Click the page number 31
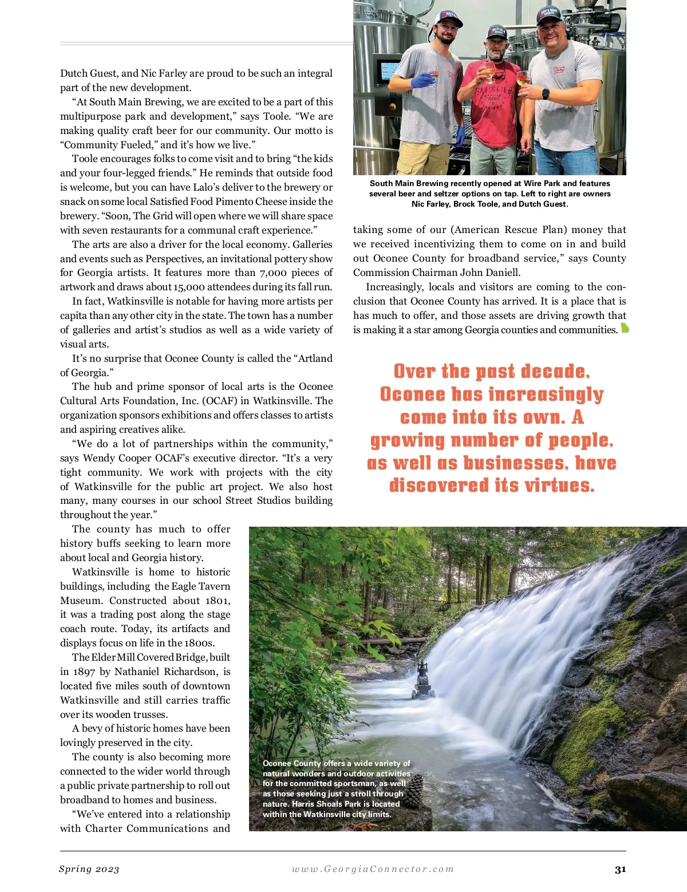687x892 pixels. (x=620, y=870)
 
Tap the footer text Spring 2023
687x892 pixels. (x=89, y=869)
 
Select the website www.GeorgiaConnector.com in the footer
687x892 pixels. (x=373, y=869)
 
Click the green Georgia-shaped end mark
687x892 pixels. (x=625, y=329)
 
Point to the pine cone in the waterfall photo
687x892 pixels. (x=413, y=790)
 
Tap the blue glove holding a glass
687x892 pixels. (x=424, y=80)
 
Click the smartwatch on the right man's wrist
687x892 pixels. (x=546, y=93)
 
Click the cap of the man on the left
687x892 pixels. (x=448, y=17)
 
